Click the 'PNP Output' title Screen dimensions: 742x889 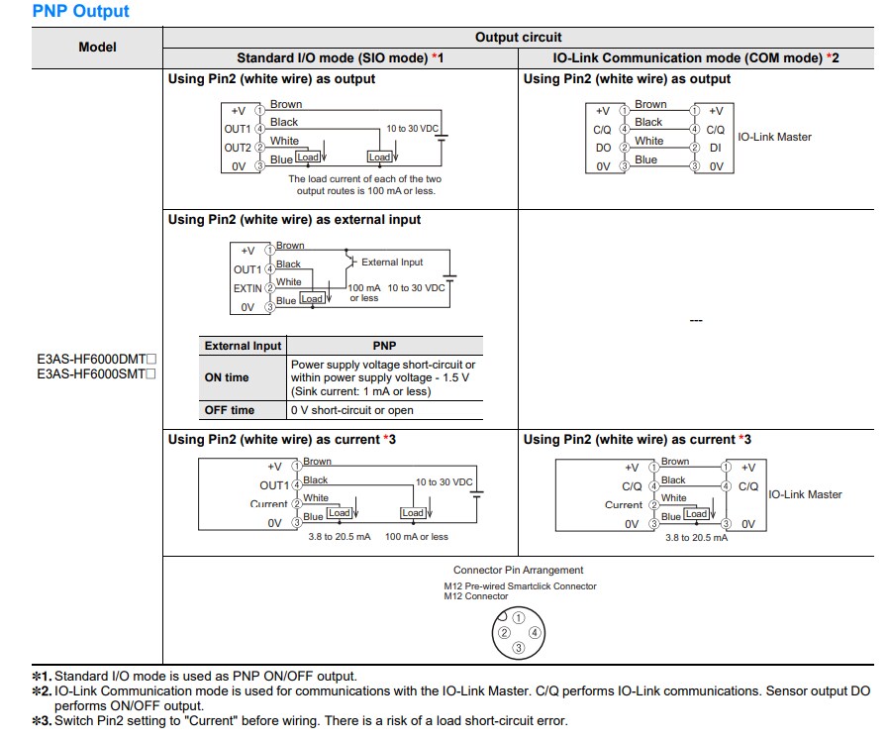click(81, 12)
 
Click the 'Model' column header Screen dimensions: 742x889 click(97, 47)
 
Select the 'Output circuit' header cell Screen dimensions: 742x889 click(511, 37)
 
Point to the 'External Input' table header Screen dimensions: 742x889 click(243, 346)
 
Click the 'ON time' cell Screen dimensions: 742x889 click(227, 377)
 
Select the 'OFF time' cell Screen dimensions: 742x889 click(229, 410)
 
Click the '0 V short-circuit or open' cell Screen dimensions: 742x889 click(351, 410)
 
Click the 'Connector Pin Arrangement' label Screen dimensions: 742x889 click(518, 570)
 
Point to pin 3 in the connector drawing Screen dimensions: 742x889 click(518, 648)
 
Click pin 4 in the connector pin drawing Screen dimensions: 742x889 click(534, 632)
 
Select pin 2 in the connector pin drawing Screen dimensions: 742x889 click(504, 632)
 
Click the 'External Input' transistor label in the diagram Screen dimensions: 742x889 click(392, 263)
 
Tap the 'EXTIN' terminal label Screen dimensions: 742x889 click(247, 288)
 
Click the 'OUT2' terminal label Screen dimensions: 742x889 click(238, 148)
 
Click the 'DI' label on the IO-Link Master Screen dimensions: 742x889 click(715, 148)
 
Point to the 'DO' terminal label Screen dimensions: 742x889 click(603, 148)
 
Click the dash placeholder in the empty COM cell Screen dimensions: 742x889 click(695, 321)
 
